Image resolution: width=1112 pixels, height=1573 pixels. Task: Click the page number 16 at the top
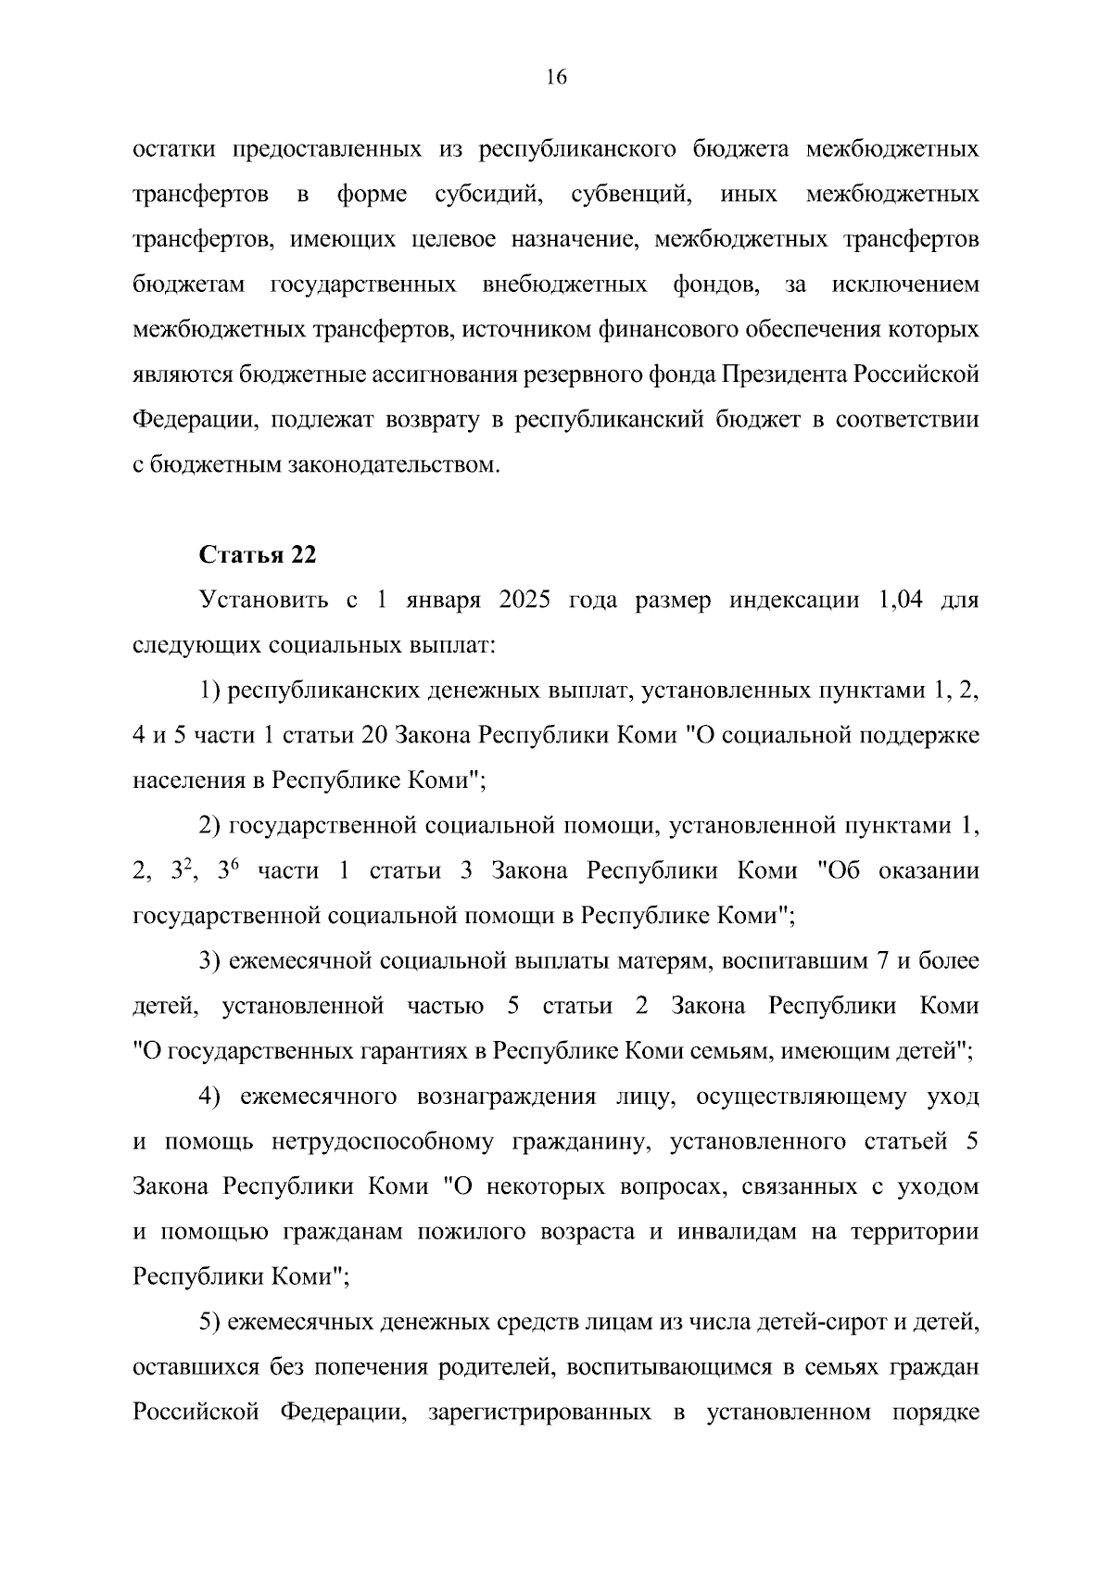point(556,78)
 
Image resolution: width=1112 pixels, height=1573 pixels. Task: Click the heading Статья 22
point(258,554)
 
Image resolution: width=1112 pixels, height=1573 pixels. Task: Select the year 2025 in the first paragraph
point(524,600)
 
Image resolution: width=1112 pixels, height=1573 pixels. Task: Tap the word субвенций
point(631,195)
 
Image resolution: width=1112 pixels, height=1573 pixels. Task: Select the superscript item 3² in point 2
point(180,871)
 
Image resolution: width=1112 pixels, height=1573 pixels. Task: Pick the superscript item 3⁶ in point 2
point(228,871)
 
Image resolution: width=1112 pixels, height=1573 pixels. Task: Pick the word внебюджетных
point(565,284)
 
